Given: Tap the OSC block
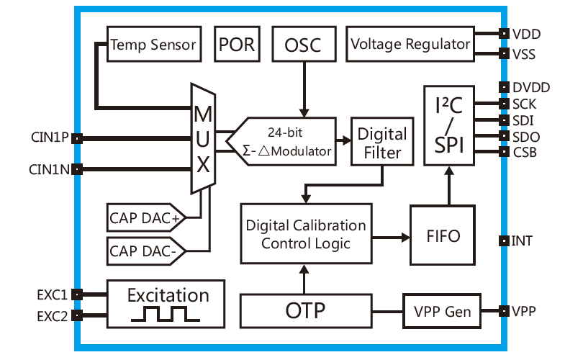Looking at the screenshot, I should click(303, 45).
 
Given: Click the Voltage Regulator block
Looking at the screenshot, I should click(410, 45).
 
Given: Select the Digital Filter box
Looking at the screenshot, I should click(382, 143).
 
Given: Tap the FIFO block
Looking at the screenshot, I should click(443, 235).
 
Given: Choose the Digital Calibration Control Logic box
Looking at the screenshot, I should click(306, 234).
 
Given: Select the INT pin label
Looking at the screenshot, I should click(522, 240).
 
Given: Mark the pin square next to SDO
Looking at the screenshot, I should click(504, 136).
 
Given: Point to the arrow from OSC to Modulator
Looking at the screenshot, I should click(304, 89).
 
